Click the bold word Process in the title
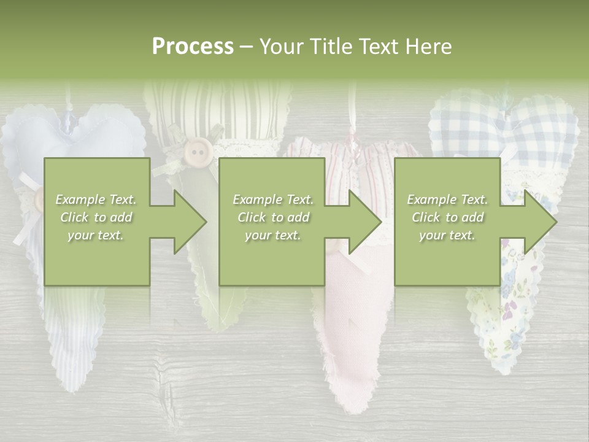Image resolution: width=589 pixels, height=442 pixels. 193,47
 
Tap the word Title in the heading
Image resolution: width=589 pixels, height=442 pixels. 330,47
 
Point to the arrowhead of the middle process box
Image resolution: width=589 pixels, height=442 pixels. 364,222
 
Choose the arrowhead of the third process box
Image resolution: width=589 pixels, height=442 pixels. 539,222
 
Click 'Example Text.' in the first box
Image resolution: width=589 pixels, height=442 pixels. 96,200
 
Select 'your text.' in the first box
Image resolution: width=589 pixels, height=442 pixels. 96,235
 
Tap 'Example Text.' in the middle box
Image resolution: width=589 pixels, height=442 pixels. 273,200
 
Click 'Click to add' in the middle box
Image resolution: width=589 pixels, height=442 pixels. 273,217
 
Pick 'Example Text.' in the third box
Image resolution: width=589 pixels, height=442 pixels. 447,200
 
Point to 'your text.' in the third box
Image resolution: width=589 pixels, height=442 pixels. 447,235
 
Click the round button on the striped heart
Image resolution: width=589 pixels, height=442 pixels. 196,150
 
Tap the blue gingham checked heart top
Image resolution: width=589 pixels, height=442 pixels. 503,120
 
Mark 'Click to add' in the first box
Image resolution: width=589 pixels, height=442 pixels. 96,217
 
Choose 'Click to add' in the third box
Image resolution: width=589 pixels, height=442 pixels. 447,217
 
